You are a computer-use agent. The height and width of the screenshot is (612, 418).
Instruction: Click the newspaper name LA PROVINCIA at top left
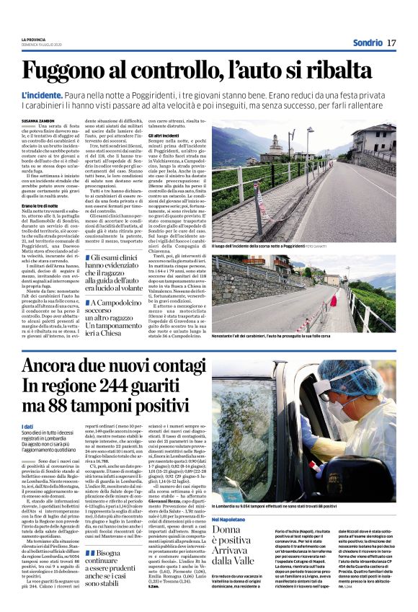click(x=33, y=39)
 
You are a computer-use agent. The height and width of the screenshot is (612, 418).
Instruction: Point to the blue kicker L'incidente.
click(x=42, y=95)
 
